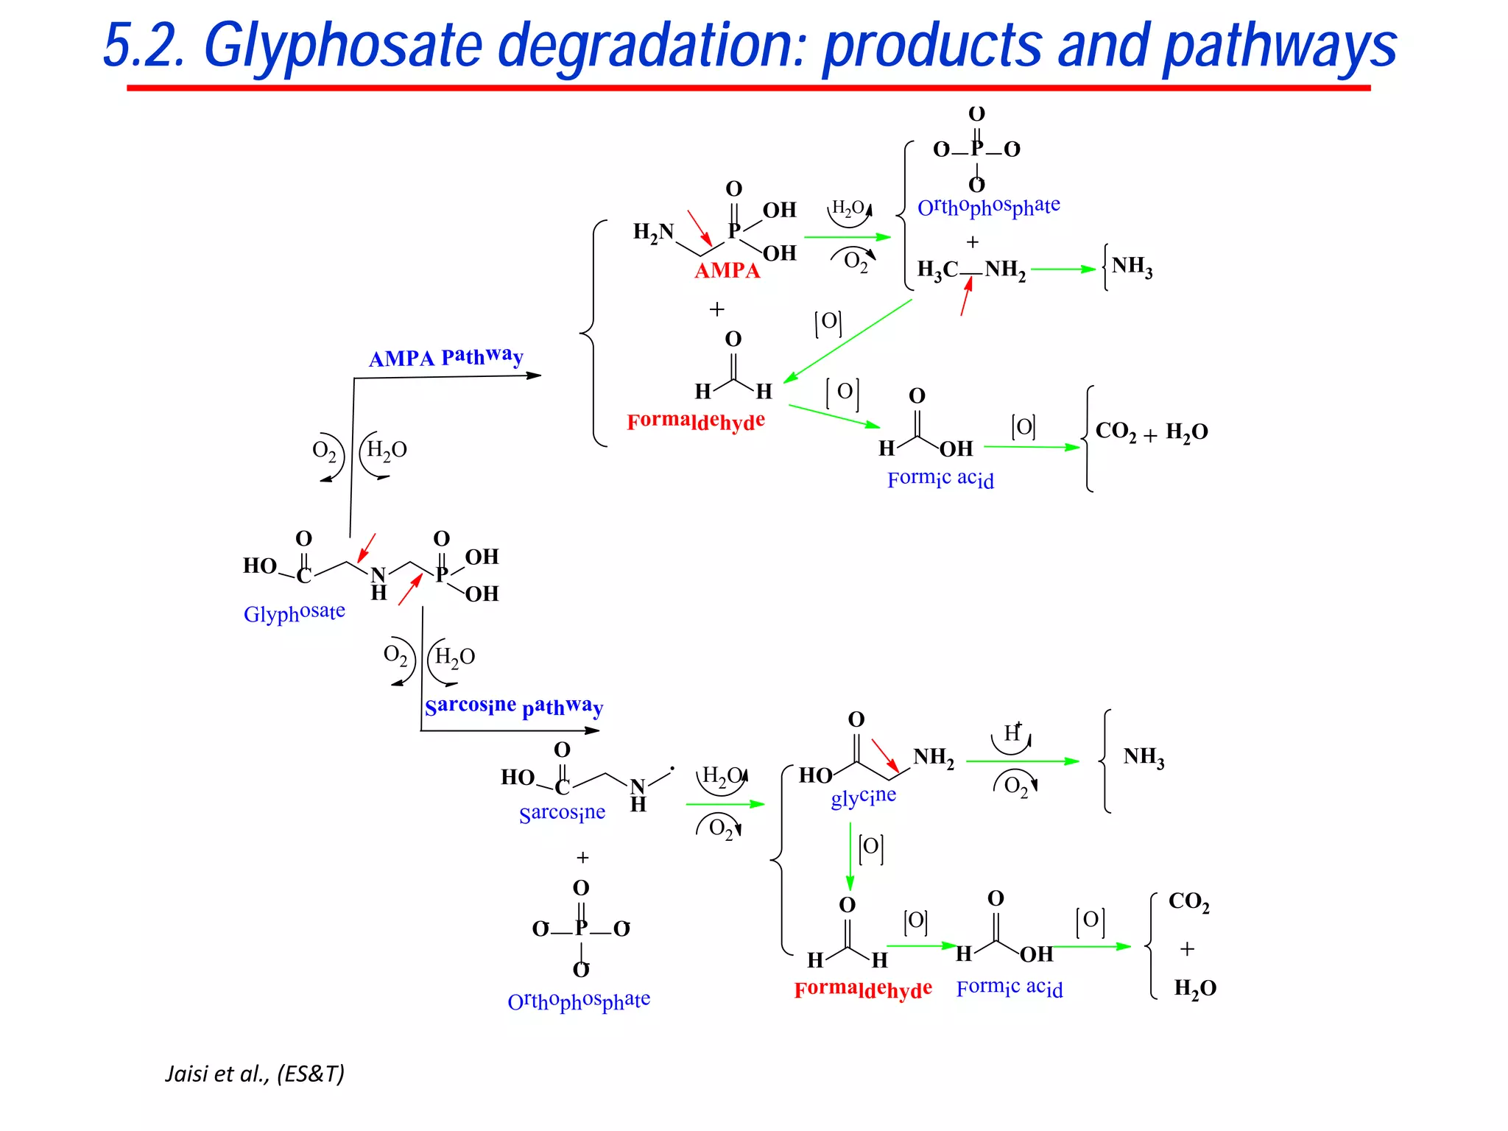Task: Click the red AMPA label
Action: [727, 270]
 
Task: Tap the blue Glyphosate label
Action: [294, 613]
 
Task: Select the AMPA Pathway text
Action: [445, 357]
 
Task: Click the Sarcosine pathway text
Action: [513, 706]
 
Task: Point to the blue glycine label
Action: [863, 797]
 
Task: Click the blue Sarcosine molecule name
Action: [562, 813]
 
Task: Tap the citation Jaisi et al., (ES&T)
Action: [255, 1074]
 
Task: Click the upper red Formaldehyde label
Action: [696, 421]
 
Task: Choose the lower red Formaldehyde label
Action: [863, 989]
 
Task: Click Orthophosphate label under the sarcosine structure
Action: [579, 1001]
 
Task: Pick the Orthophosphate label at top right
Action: [988, 207]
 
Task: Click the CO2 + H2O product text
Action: [1151, 431]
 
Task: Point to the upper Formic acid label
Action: [940, 479]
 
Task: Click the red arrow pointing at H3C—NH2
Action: [966, 297]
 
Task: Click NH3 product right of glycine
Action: [1143, 757]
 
